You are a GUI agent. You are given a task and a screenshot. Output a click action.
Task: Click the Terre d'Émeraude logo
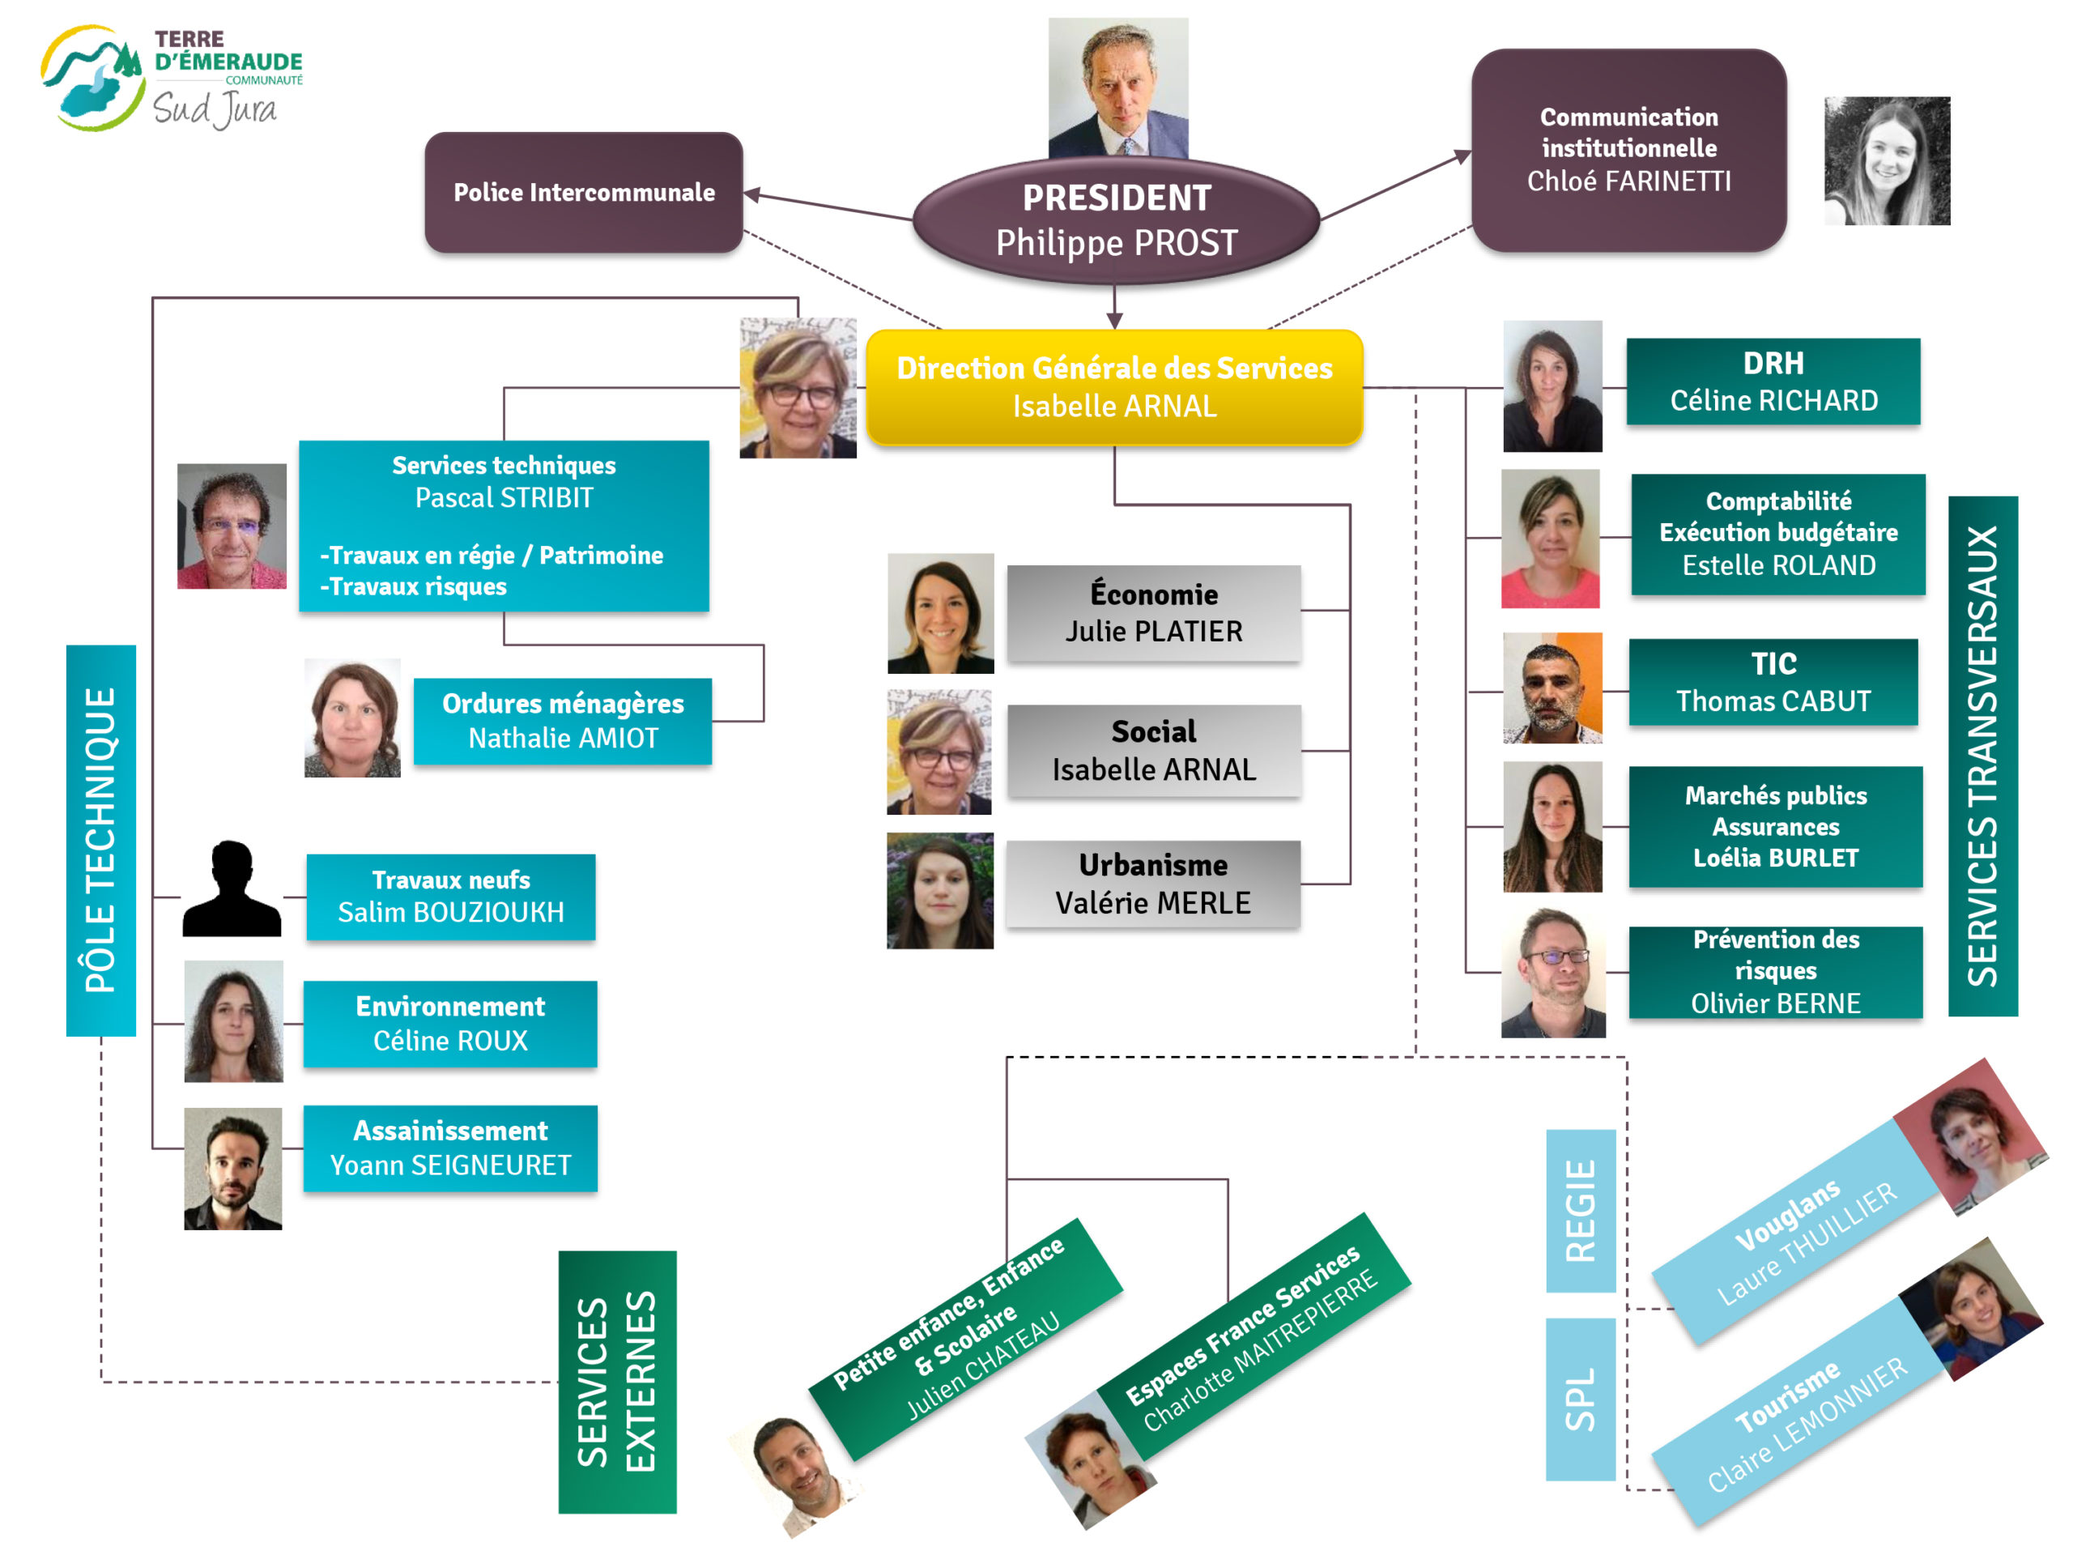(172, 79)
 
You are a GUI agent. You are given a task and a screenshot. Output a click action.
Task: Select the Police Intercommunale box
(583, 192)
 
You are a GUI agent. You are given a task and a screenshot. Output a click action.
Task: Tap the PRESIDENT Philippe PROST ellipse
(1115, 221)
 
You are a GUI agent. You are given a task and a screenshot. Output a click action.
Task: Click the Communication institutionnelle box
(1628, 150)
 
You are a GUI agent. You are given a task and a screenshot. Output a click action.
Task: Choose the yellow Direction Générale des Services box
(1113, 387)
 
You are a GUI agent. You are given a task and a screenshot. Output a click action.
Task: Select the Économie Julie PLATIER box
(1153, 613)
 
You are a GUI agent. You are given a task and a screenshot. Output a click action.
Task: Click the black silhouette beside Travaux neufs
(232, 888)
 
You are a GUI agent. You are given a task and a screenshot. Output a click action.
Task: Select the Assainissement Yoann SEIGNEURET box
(450, 1148)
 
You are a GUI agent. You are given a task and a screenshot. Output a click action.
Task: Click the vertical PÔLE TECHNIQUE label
(101, 840)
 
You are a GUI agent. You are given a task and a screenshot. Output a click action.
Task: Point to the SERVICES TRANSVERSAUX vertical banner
(1982, 756)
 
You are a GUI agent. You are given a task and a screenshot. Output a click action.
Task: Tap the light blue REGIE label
(1580, 1210)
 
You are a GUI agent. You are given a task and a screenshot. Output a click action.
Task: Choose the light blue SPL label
(1580, 1399)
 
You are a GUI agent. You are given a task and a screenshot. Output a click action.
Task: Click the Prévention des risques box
(1775, 972)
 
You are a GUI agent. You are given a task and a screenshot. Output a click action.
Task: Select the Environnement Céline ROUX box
(450, 1024)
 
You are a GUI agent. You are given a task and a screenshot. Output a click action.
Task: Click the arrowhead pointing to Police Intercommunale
(751, 195)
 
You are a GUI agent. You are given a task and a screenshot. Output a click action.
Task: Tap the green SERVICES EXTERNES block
(617, 1382)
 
